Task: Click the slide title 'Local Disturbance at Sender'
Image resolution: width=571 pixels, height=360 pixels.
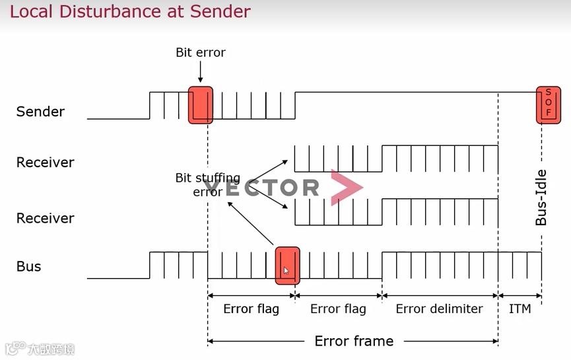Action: pyautogui.click(x=130, y=12)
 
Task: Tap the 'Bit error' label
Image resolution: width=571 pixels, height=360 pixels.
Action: pyautogui.click(x=201, y=52)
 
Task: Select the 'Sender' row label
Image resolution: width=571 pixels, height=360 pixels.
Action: pyautogui.click(x=40, y=112)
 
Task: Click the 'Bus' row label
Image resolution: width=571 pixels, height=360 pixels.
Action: pyautogui.click(x=28, y=266)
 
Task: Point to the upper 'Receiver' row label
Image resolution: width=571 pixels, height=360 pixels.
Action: pyautogui.click(x=45, y=162)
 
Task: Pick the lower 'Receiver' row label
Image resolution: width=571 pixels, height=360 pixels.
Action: pyautogui.click(x=45, y=218)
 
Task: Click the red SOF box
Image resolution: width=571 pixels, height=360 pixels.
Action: pyautogui.click(x=548, y=105)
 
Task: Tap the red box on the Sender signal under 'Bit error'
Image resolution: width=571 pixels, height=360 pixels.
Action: pyautogui.click(x=201, y=105)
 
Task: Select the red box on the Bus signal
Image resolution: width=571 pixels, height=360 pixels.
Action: pyautogui.click(x=287, y=266)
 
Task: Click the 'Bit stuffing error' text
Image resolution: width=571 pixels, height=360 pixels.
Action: pyautogui.click(x=207, y=185)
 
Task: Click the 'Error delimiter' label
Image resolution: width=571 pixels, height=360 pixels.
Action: pyautogui.click(x=439, y=309)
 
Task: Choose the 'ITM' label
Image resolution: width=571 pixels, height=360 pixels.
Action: pyautogui.click(x=520, y=309)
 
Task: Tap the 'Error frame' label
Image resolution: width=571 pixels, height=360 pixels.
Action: pyautogui.click(x=354, y=341)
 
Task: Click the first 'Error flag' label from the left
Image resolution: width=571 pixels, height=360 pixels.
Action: pyautogui.click(x=251, y=309)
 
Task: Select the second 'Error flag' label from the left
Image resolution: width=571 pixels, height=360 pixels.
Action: pyautogui.click(x=338, y=309)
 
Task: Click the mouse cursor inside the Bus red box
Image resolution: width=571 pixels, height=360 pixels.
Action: pyautogui.click(x=286, y=271)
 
